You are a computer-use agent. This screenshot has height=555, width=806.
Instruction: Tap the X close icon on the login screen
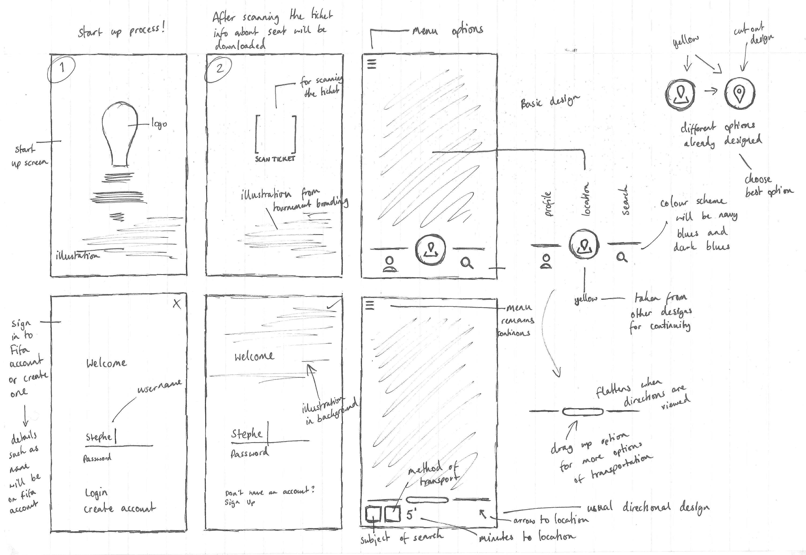point(177,304)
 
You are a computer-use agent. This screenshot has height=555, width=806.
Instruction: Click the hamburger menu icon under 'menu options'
point(372,64)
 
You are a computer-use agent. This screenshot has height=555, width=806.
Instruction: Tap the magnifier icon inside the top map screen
point(466,263)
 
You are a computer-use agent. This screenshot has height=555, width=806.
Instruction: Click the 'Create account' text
point(119,508)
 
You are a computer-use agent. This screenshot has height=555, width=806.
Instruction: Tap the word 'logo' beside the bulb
point(159,124)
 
